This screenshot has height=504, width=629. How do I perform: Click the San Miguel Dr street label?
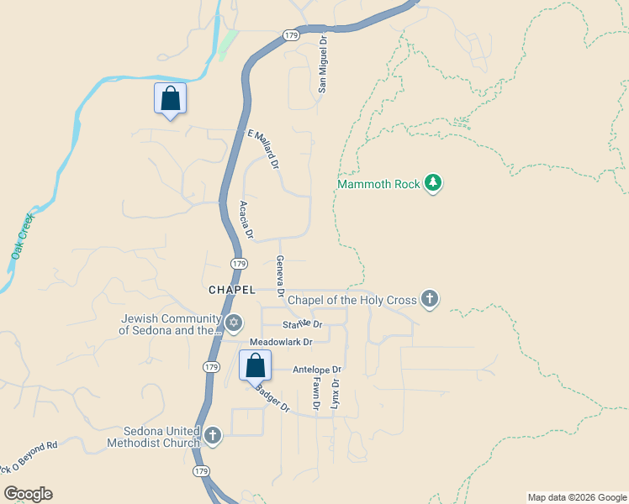321,64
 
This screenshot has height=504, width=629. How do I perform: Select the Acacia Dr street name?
246,220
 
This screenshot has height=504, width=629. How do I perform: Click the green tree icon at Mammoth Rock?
433,183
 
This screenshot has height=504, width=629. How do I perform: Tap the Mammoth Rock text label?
378,184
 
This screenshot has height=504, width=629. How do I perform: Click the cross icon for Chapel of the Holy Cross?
430,299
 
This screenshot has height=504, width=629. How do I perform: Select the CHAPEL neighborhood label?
231,289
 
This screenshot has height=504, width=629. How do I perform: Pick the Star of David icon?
234,323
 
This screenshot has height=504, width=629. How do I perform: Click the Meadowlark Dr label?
281,342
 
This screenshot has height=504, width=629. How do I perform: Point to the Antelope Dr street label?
317,370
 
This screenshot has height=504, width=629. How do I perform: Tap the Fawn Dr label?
317,393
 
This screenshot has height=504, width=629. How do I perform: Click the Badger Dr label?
272,398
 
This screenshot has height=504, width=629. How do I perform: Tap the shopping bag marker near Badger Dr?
256,366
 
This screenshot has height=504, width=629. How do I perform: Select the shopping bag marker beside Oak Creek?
170,98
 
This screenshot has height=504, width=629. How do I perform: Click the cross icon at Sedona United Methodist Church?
213,435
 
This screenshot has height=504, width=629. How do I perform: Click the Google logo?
28,494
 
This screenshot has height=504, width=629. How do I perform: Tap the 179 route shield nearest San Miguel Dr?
291,35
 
